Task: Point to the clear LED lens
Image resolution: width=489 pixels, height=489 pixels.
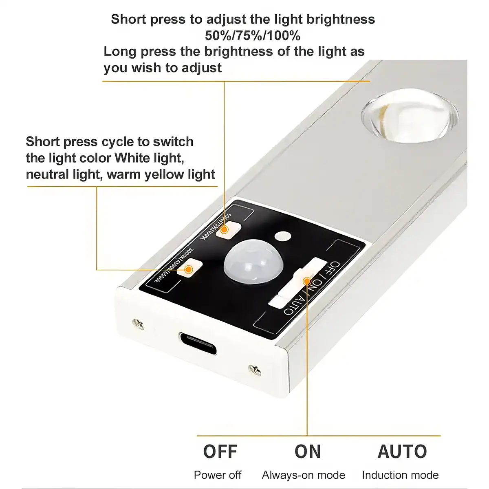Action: click(408, 117)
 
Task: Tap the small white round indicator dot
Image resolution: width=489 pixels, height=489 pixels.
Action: click(282, 236)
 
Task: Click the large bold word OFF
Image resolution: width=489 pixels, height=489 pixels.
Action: click(220, 452)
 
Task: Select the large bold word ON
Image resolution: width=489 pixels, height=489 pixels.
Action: click(308, 452)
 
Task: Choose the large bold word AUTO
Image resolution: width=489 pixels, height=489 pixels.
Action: click(402, 452)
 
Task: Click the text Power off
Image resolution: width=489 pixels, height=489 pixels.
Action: click(218, 475)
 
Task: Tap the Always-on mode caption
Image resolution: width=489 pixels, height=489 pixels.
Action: click(304, 475)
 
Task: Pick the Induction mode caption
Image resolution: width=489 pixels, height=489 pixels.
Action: click(400, 475)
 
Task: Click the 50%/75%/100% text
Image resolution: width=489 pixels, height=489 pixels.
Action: click(253, 36)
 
